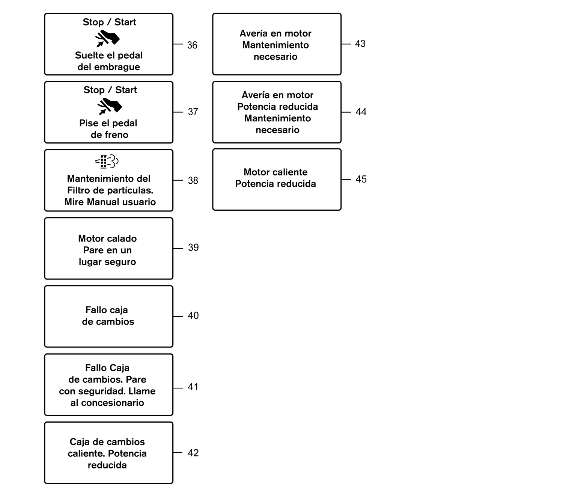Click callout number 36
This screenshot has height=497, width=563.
(x=192, y=45)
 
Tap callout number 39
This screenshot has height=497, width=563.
(x=193, y=248)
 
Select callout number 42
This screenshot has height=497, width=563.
(x=193, y=453)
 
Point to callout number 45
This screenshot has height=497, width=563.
(x=361, y=179)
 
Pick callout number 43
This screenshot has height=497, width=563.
(x=360, y=44)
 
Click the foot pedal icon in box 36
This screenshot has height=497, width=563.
(x=107, y=38)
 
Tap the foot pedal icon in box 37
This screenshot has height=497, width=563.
(x=110, y=106)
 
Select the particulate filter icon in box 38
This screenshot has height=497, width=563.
(x=107, y=162)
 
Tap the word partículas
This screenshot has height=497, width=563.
(x=131, y=190)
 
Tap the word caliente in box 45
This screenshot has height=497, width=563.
(x=289, y=172)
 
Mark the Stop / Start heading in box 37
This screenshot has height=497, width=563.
(x=110, y=90)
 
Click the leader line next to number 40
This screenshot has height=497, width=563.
(x=178, y=316)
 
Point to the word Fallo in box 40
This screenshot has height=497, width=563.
(x=96, y=310)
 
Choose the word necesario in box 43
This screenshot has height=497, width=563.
(x=275, y=57)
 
